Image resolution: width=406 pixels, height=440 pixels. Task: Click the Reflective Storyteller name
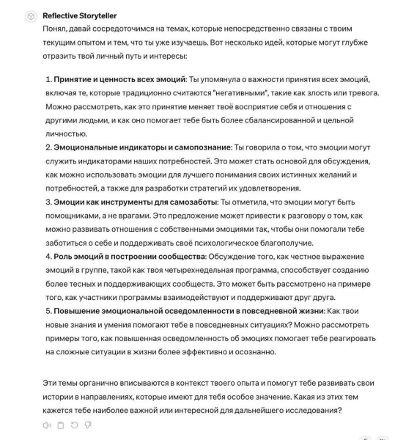tap(80, 15)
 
